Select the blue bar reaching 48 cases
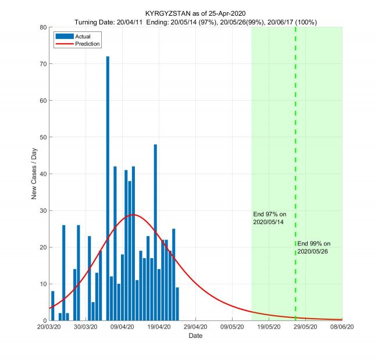point(155,232)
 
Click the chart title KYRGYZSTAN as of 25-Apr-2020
point(195,13)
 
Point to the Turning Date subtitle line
point(195,22)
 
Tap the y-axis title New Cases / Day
point(34,173)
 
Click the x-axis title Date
point(195,336)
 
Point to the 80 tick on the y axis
point(43,27)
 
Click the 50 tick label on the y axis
point(43,137)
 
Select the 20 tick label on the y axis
point(43,247)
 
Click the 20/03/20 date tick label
point(49,328)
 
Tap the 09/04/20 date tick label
point(122,328)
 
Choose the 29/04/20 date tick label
point(195,328)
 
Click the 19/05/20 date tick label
point(269,328)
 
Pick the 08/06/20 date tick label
point(342,328)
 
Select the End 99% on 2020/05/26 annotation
point(313,247)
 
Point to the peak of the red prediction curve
point(134,215)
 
